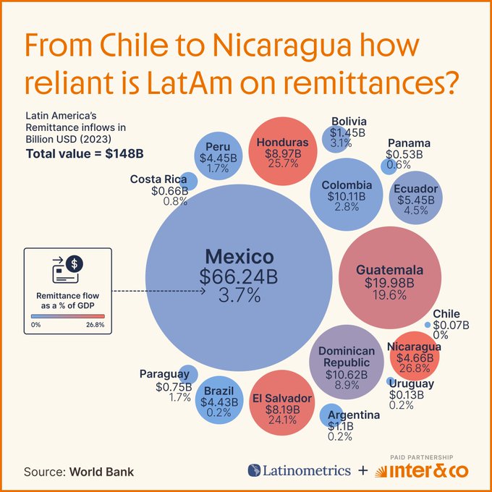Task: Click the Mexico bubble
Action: (239, 275)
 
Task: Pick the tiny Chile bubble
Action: (428, 324)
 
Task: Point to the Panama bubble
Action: (386, 165)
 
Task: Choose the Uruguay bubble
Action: (391, 381)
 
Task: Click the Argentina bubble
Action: (330, 415)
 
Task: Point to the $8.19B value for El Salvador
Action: (282, 410)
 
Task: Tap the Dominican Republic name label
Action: (347, 357)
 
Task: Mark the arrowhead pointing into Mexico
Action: (204, 292)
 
